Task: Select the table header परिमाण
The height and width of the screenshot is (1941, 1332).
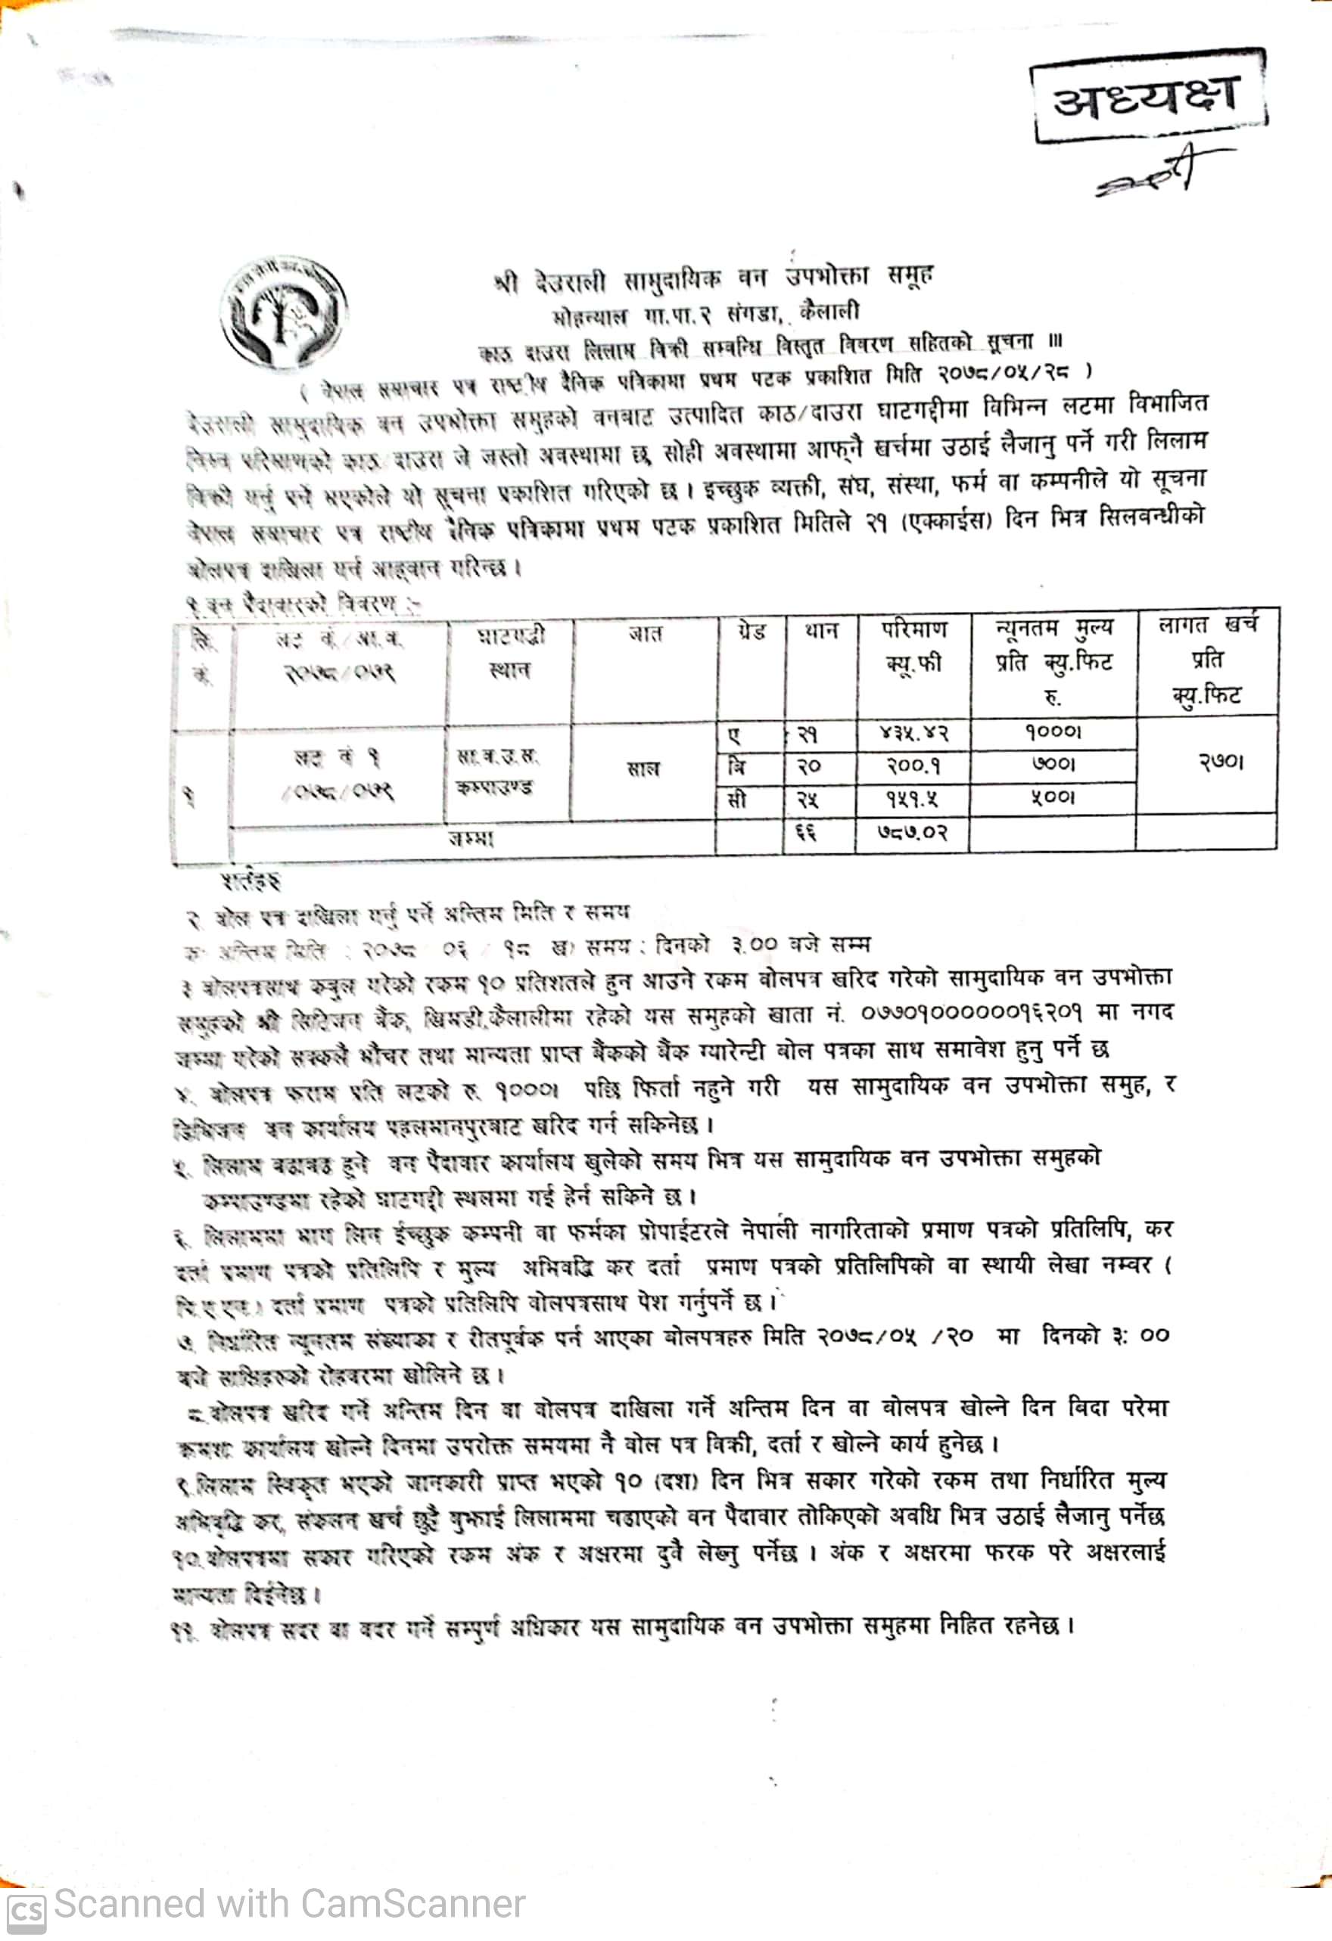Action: click(x=913, y=629)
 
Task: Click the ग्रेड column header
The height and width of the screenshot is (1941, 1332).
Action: click(x=751, y=632)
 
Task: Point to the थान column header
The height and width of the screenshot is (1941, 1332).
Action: click(x=820, y=631)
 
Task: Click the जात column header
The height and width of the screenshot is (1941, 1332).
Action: click(x=644, y=635)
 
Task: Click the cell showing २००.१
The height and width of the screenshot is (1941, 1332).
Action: click(x=913, y=765)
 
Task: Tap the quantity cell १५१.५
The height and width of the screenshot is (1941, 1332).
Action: click(x=913, y=799)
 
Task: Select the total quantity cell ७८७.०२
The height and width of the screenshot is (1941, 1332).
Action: click(x=913, y=833)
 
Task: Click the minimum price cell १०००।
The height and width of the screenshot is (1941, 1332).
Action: click(x=1053, y=731)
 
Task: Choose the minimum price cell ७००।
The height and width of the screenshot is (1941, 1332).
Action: click(x=1053, y=764)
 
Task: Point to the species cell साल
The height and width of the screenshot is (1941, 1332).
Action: click(x=643, y=769)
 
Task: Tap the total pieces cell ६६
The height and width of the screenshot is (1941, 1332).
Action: click(x=806, y=833)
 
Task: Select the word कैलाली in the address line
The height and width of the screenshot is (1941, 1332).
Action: click(x=829, y=312)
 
